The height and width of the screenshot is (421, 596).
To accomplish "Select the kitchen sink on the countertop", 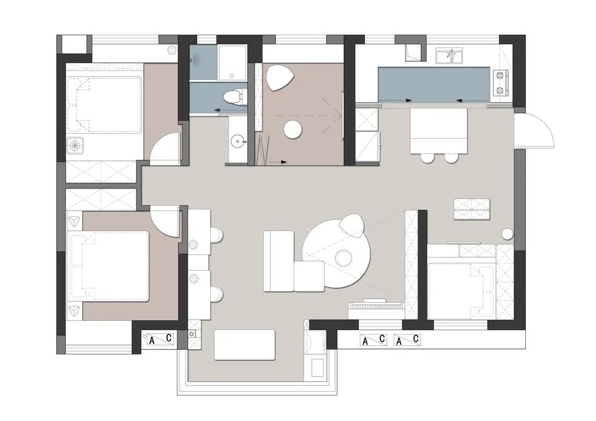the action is (x=449, y=56).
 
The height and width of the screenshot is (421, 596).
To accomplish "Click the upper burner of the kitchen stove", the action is (x=500, y=75).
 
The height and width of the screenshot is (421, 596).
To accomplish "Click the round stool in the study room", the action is (x=292, y=130).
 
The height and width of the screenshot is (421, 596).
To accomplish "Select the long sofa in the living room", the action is (x=279, y=261).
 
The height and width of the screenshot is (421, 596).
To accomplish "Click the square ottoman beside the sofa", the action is (x=309, y=276).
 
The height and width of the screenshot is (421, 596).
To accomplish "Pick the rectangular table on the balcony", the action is (x=245, y=345).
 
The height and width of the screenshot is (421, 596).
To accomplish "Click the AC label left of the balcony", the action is (x=160, y=339).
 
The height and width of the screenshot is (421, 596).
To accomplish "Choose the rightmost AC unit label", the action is (x=407, y=339).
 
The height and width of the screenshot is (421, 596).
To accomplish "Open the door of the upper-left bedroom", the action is (x=166, y=148).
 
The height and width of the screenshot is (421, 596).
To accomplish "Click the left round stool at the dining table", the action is (x=427, y=158).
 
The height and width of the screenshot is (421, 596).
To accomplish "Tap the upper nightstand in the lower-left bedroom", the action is (x=74, y=221).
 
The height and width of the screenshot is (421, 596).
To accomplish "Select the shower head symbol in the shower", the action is (x=195, y=58).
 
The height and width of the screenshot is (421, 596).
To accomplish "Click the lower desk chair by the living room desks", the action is (x=217, y=294).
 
